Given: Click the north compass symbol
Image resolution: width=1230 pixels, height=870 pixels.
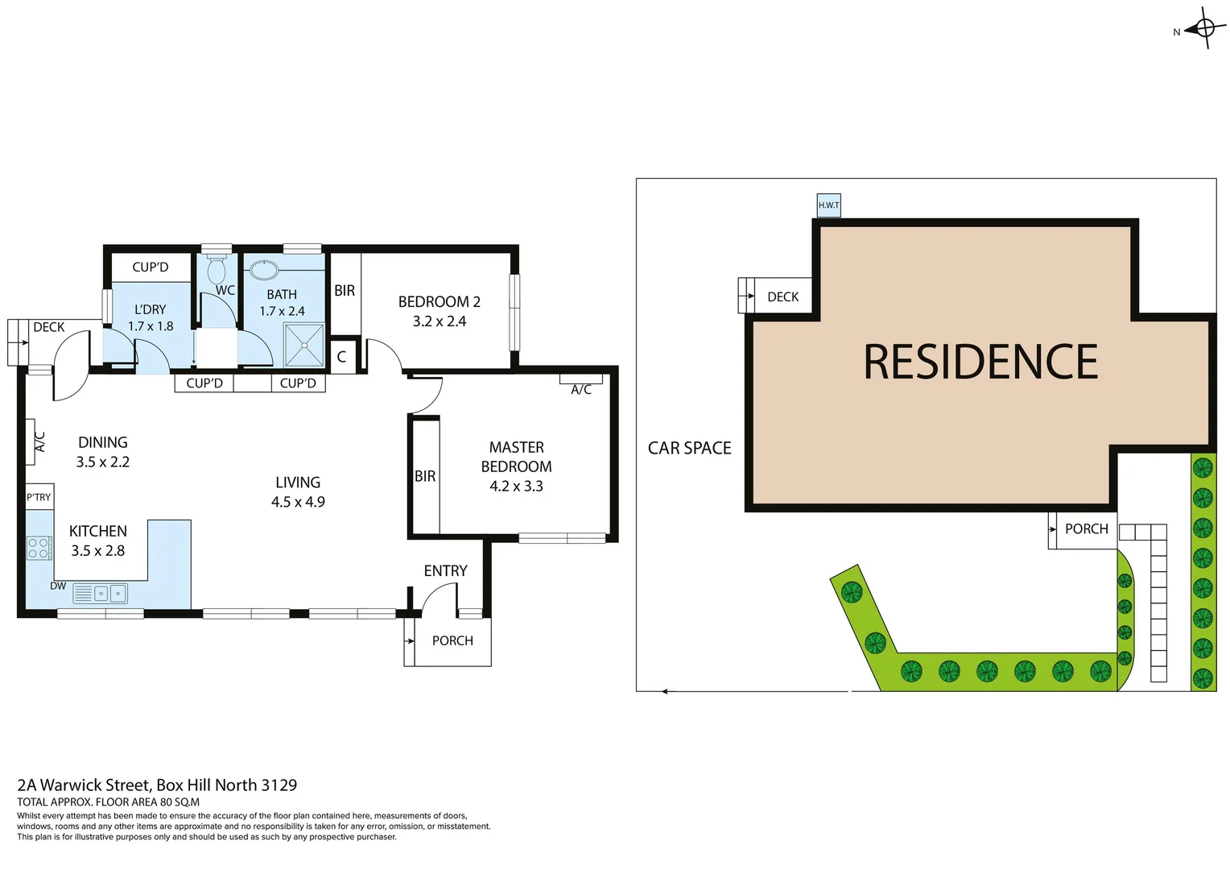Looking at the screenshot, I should point(1204,29).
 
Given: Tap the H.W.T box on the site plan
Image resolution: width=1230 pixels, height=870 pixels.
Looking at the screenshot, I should point(828,205).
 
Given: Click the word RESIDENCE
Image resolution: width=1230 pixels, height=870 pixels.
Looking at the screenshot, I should point(980,362).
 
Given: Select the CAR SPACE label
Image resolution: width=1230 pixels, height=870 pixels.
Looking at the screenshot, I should point(689,448).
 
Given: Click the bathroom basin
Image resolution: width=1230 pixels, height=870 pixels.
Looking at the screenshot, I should point(264,269).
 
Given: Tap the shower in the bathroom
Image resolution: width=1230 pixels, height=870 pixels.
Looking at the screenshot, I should point(304,345).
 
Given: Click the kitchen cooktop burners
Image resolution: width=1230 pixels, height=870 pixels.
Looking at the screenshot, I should point(39,549).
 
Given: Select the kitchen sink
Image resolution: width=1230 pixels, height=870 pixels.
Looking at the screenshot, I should point(109,594).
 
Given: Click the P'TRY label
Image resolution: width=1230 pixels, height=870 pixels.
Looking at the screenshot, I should point(39,497).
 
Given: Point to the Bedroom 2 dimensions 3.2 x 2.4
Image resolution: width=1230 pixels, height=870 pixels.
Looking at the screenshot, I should point(439,321).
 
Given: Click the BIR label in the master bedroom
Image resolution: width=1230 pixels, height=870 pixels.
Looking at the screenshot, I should point(425,476).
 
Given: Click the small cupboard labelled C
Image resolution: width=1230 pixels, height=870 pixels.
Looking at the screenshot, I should point(341,357).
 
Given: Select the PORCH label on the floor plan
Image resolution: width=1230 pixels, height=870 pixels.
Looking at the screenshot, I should point(452,640).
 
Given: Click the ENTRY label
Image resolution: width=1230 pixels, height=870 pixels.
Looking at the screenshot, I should point(445,571).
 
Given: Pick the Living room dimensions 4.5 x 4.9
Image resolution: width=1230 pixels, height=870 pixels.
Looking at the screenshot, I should point(298,502).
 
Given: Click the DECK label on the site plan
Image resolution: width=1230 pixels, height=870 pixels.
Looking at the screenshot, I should point(782,297).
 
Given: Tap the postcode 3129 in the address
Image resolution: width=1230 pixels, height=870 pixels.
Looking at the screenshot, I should point(279,785).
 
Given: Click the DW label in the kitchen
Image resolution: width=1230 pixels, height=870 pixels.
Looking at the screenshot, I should point(58,586).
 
